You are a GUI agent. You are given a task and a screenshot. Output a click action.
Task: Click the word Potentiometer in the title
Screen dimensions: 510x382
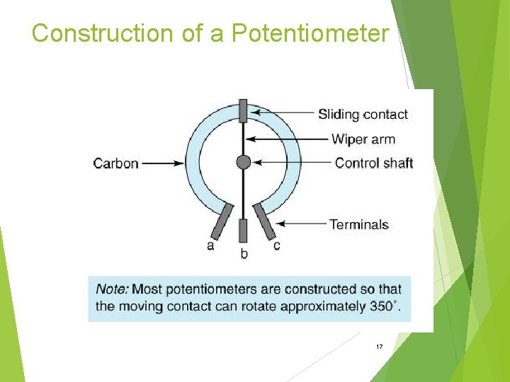coord(310,33)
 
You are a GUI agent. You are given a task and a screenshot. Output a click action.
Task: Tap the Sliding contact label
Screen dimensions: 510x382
coord(363,114)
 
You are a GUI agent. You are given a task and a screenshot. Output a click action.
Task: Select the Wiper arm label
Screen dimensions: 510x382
coord(363,139)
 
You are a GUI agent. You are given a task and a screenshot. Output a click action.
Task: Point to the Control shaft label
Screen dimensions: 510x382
coord(373,163)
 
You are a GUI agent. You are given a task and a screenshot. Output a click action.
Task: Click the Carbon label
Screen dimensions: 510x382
coord(115,163)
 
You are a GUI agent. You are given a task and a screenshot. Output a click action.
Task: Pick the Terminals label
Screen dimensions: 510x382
coord(358,225)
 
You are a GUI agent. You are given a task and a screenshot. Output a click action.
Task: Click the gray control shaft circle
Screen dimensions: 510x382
coord(243,162)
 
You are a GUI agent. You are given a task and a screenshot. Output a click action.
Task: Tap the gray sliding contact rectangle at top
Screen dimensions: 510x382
coord(243,111)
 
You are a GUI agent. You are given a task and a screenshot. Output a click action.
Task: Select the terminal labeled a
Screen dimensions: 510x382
coord(222,221)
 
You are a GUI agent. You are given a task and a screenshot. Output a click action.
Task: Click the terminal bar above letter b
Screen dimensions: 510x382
coord(243,231)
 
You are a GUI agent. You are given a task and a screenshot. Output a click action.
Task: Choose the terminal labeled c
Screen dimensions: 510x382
coord(266,221)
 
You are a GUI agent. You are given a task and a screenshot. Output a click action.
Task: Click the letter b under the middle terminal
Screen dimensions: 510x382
coord(244,253)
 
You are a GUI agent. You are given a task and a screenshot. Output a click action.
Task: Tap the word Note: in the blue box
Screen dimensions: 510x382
coord(112,289)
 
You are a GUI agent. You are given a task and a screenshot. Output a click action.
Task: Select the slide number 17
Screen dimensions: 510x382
coord(380,347)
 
